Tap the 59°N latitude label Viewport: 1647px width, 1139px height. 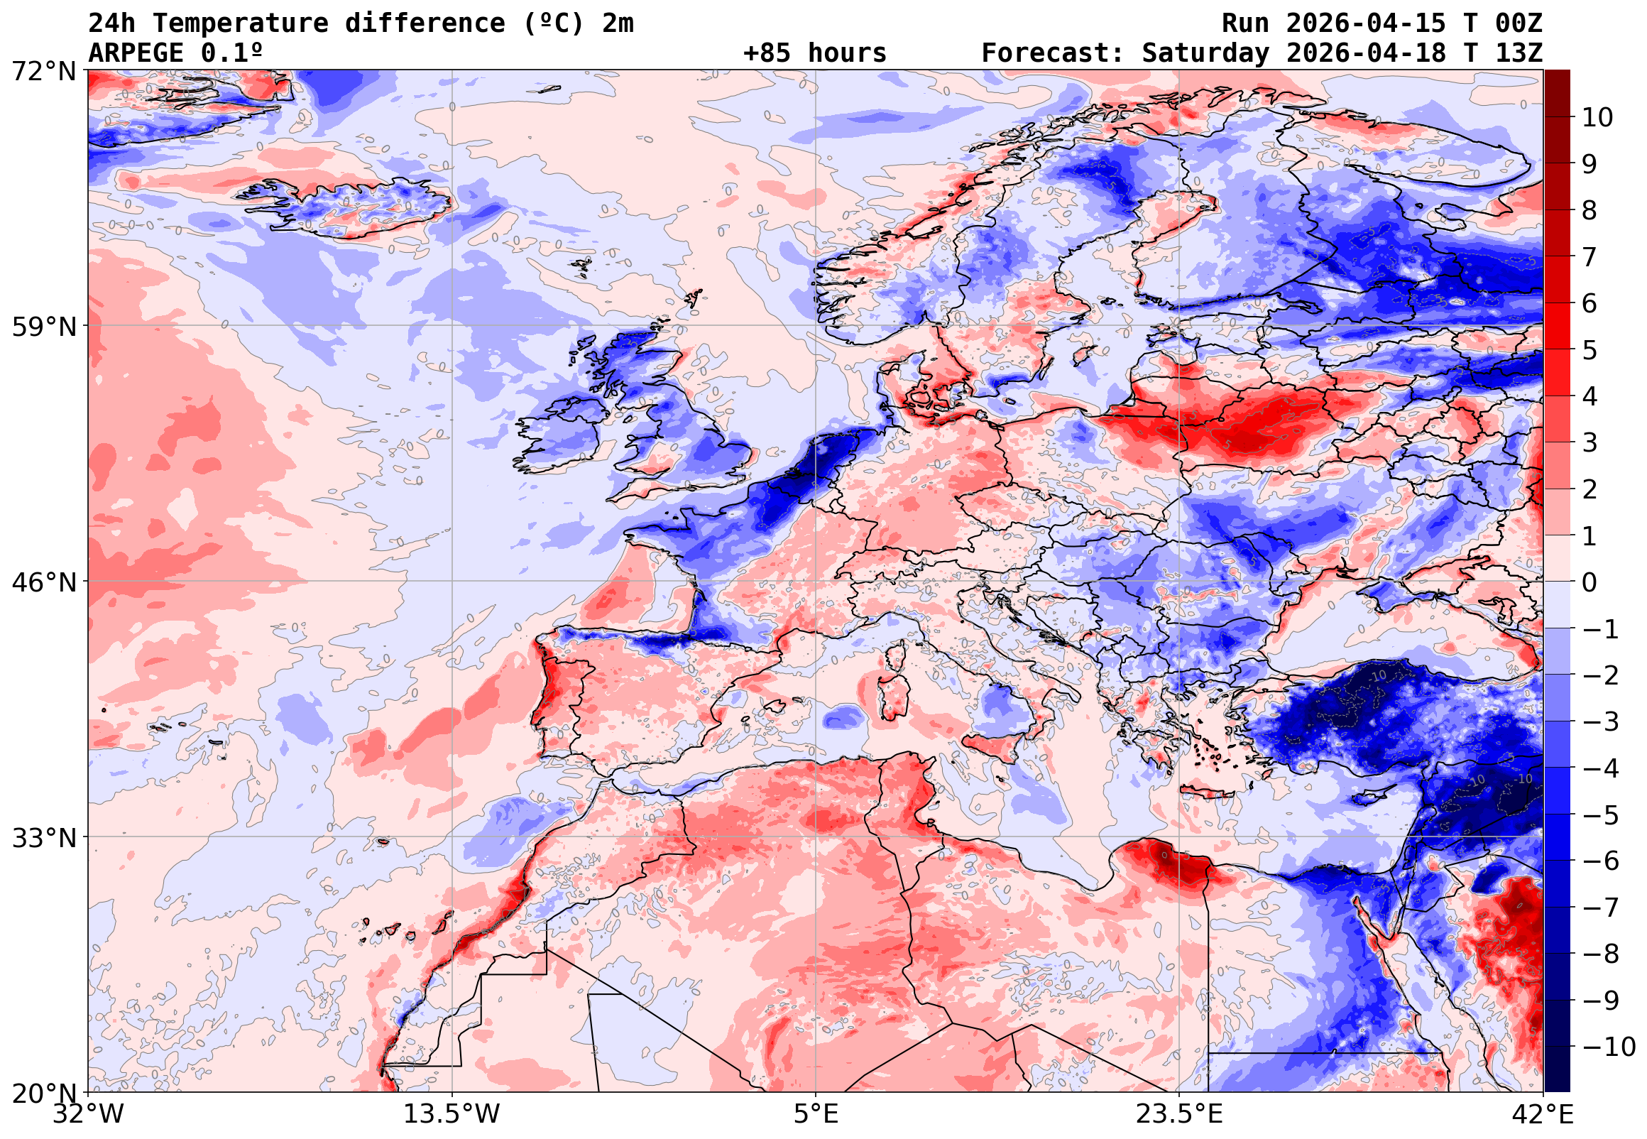point(43,327)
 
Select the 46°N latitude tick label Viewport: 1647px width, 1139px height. point(43,582)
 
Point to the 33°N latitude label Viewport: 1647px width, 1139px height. point(43,838)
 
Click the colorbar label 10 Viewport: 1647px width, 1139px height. point(1597,118)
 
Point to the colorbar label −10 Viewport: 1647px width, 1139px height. point(1609,1047)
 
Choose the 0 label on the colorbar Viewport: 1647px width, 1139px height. point(1589,583)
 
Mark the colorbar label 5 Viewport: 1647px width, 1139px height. point(1589,350)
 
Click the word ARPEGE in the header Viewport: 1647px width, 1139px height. point(136,53)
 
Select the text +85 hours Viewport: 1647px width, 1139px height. point(814,53)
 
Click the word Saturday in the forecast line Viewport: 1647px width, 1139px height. point(1205,53)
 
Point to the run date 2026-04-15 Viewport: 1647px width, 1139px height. point(1365,23)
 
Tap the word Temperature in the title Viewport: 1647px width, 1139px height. point(241,23)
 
